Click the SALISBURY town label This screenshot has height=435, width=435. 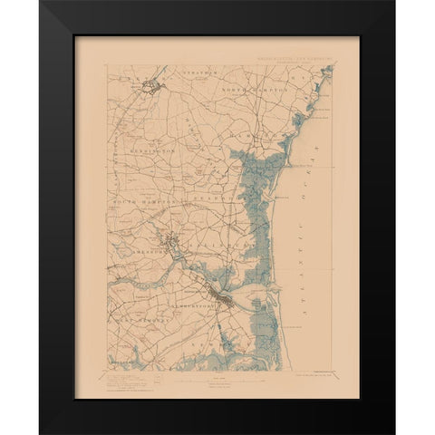[x=217, y=240]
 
